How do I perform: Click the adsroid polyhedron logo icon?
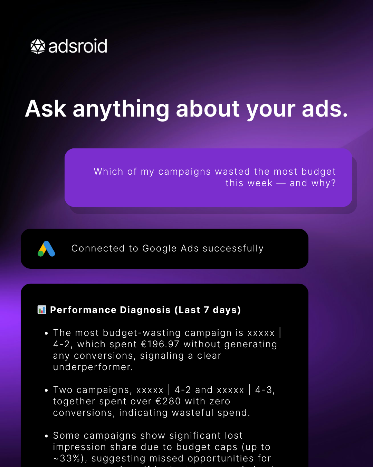[x=38, y=46]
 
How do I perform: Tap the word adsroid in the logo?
[x=78, y=46]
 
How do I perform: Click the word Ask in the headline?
[x=46, y=109]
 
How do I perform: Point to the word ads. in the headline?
[x=325, y=109]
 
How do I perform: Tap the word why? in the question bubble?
[x=324, y=183]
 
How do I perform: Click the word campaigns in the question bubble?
[x=184, y=172]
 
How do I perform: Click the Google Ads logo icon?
[x=46, y=249]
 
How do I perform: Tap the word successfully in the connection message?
[x=233, y=248]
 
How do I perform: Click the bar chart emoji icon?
[x=42, y=310]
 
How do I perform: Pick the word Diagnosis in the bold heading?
[x=145, y=310]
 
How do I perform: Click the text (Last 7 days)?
[x=208, y=310]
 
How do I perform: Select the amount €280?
[x=168, y=401]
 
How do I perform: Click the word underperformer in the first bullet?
[x=92, y=367]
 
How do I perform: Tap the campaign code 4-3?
[x=265, y=390]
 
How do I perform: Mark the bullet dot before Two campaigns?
[x=46, y=391]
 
